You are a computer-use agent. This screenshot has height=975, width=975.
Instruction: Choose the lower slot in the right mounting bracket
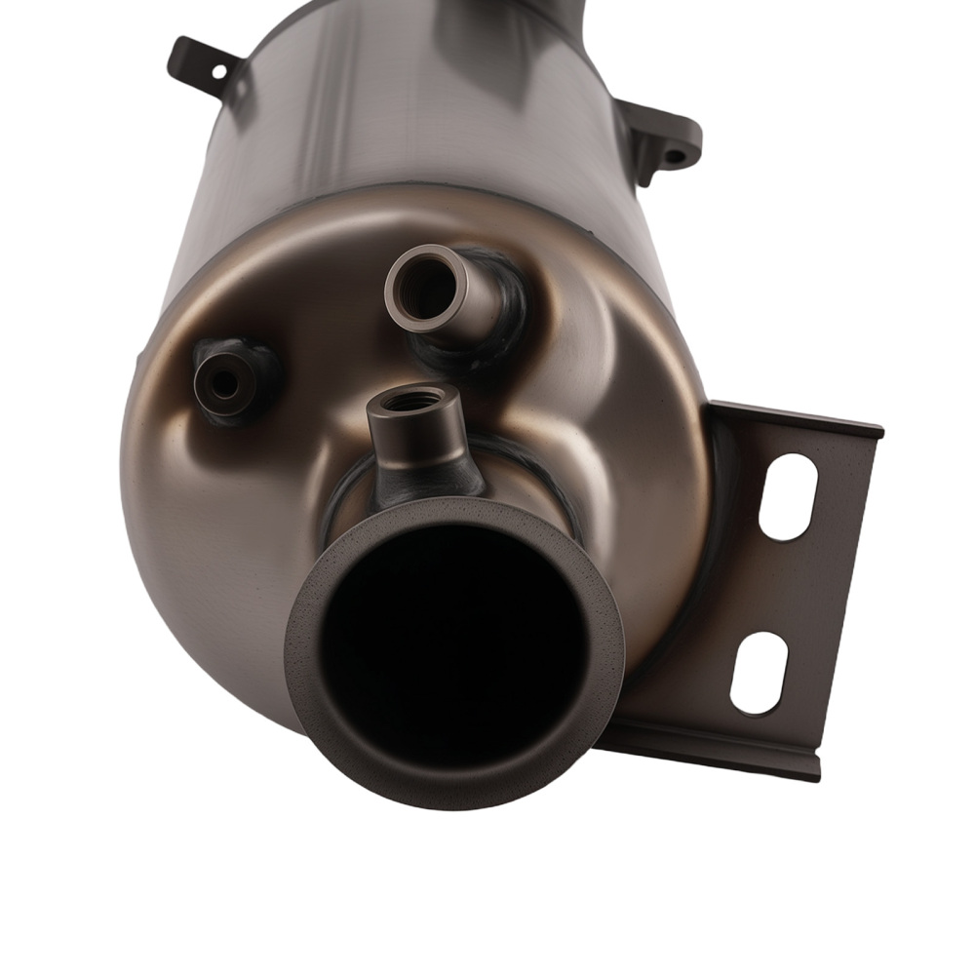(759, 673)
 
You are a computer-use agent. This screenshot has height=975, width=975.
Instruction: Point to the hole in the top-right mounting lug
(675, 154)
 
